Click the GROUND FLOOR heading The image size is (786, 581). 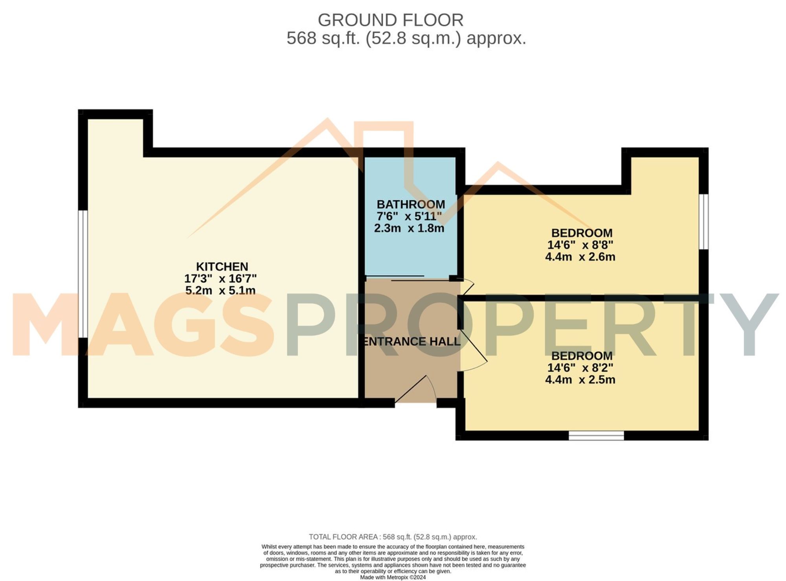point(390,20)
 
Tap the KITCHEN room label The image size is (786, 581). point(222,267)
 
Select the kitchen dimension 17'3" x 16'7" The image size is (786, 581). point(220,279)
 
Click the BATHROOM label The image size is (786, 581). point(411,204)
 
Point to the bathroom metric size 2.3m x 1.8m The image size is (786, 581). point(409,228)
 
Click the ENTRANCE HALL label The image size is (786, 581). point(411,342)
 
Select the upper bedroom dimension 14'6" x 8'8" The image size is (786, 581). point(580,245)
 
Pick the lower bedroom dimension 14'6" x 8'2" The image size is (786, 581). point(580,368)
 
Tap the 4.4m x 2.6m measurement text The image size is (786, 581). point(580,257)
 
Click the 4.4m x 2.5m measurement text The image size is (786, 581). point(580,380)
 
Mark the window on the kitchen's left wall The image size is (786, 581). point(83,274)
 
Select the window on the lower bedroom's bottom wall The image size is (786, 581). point(596,435)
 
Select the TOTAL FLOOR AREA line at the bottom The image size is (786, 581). point(393,537)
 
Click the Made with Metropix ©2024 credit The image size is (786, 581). point(393,577)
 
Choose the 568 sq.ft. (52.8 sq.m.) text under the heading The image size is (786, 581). point(406,39)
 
